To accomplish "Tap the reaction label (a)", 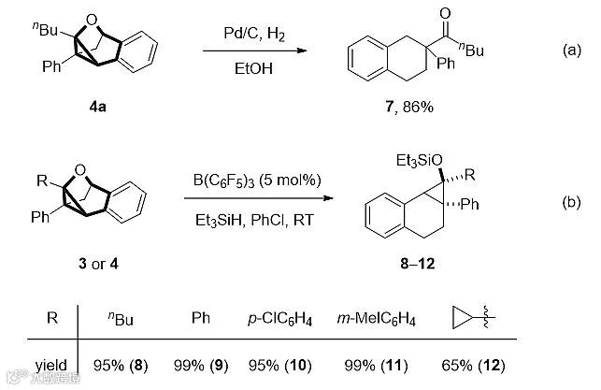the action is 572,51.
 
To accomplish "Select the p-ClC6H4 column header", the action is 284,318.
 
